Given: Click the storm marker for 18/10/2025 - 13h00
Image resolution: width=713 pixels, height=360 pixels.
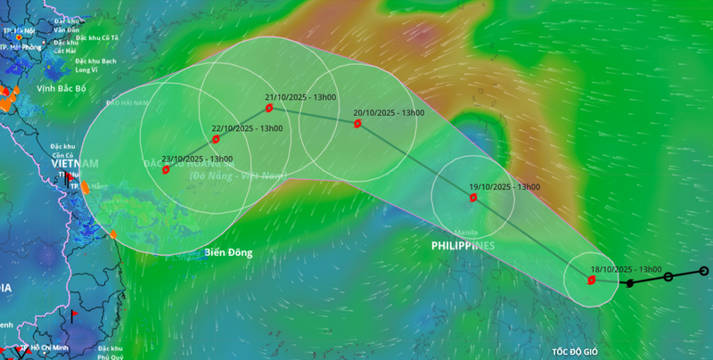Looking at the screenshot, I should [x=591, y=280].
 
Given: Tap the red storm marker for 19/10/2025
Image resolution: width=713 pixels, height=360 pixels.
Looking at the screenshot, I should [x=473, y=197].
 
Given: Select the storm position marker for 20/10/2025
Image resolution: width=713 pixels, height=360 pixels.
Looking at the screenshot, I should [x=357, y=124].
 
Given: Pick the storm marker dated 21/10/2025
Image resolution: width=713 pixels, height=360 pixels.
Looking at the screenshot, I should [x=269, y=109].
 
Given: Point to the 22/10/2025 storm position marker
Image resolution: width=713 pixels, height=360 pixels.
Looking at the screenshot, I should [x=216, y=139].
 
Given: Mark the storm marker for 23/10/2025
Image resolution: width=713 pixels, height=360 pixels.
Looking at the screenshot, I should [x=166, y=169].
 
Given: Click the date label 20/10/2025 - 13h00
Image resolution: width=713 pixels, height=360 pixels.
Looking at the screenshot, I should [x=389, y=113].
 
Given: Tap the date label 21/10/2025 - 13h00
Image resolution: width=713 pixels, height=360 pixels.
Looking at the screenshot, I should [x=300, y=97].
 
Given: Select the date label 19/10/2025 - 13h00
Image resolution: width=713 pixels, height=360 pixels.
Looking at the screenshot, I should [x=504, y=187].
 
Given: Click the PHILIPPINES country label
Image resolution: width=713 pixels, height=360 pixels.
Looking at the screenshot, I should [x=463, y=245].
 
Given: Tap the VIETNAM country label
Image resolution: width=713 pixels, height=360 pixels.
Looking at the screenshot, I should [x=74, y=163].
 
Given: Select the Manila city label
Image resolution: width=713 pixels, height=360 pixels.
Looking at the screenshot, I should [x=466, y=232].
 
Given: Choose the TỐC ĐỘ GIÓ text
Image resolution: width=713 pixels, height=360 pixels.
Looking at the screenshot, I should [x=582, y=353].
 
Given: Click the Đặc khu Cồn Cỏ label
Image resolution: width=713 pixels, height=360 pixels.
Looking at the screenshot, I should [x=61, y=151].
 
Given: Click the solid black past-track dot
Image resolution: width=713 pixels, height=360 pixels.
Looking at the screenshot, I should [x=630, y=283].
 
